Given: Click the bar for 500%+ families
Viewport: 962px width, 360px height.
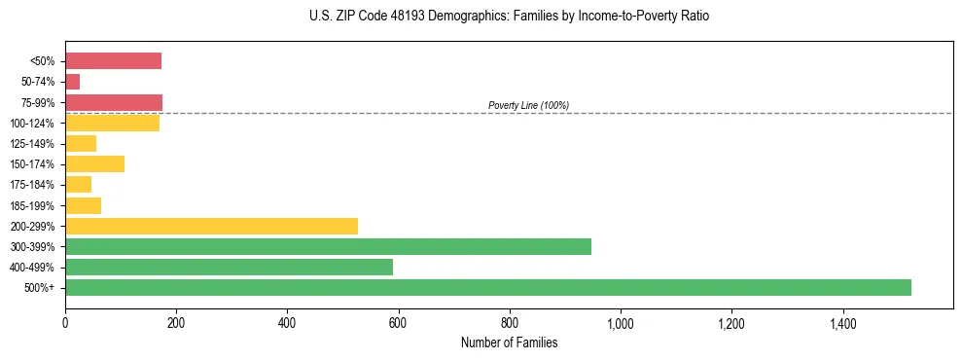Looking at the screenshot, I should coord(487,287).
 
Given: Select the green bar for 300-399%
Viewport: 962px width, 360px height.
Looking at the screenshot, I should coord(328,246).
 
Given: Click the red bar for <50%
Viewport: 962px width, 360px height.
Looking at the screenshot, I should coord(113,61).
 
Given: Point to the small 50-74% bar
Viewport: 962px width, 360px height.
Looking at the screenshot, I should coord(73,82).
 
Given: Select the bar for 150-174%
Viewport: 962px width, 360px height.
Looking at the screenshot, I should coord(94,163).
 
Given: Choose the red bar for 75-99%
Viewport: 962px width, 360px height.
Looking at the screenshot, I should coord(114,102).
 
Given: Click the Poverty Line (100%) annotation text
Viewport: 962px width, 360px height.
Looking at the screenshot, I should coord(528,105).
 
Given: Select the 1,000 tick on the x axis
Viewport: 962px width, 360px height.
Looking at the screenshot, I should coord(620,324).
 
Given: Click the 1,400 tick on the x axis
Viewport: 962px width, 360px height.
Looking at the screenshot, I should coord(841,324).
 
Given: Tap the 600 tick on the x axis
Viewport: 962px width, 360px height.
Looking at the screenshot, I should coord(398,324).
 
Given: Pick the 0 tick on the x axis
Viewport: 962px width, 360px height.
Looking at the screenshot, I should coord(65,324).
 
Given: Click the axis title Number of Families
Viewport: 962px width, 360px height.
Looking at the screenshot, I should coord(509,342).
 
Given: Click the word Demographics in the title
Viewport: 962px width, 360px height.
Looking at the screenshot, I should coord(434,17).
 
